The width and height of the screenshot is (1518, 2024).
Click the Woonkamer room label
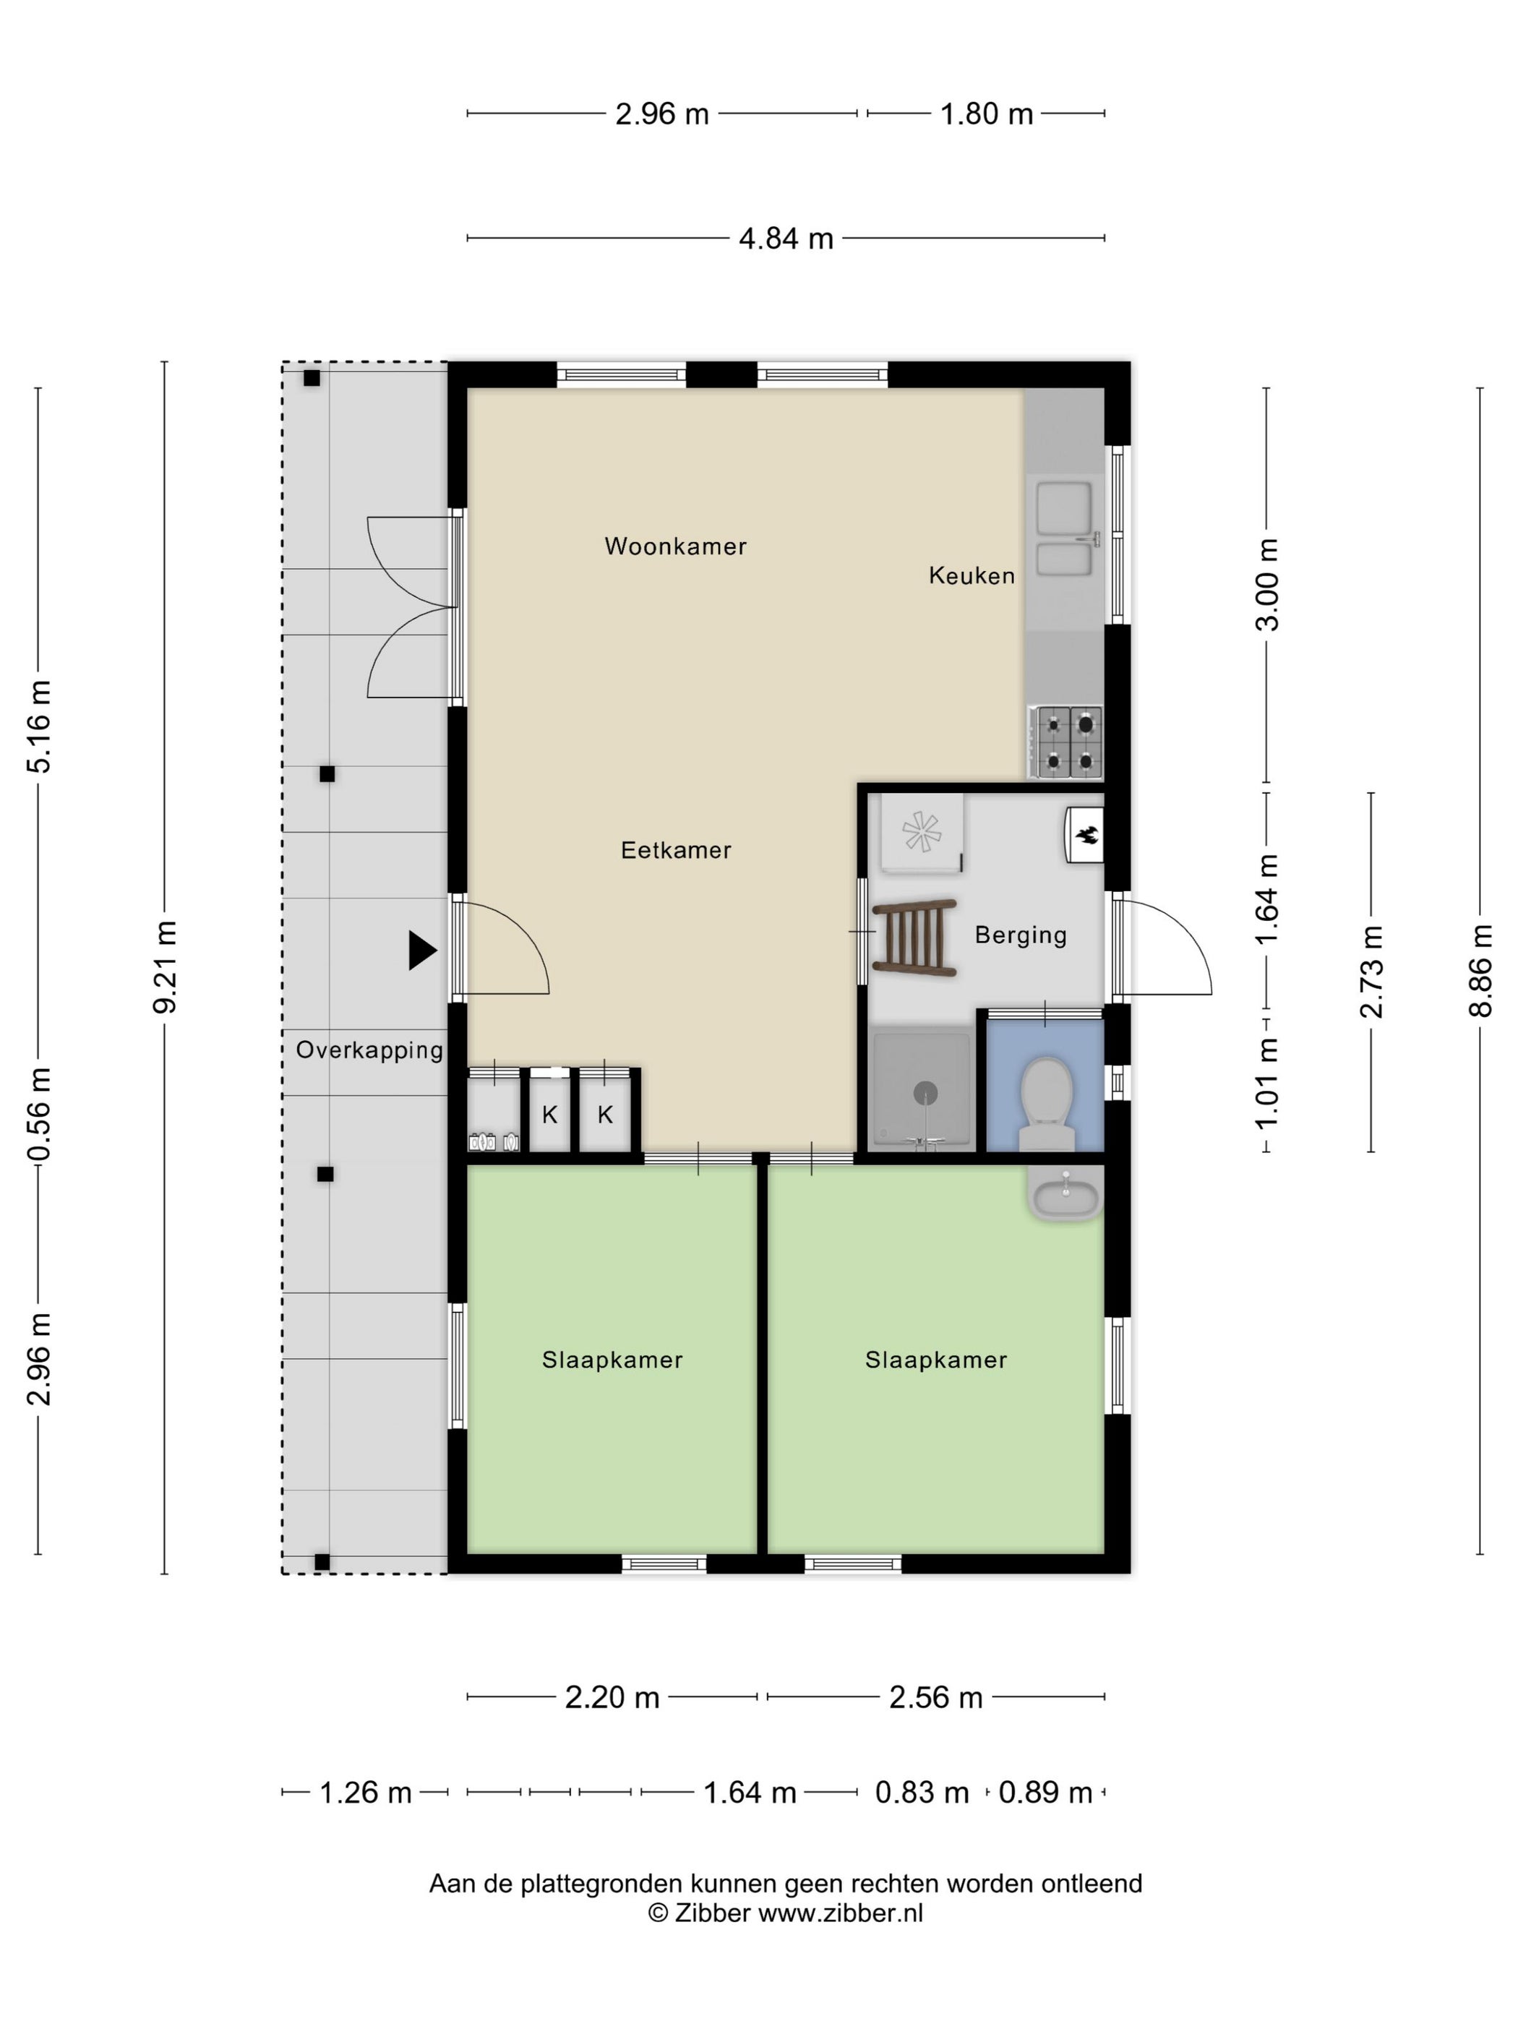click(x=675, y=546)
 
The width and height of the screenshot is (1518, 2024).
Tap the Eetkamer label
click(x=676, y=850)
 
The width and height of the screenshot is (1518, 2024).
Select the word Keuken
click(x=972, y=575)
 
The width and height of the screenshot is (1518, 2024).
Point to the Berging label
click(x=1020, y=935)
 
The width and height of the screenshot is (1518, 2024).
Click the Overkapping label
click(x=369, y=1050)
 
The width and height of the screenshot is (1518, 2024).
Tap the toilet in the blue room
click(x=1046, y=1105)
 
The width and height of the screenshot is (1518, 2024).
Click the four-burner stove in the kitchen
click(x=1067, y=742)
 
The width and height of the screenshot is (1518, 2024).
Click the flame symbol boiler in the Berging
click(x=1084, y=834)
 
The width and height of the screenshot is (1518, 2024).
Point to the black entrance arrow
click(x=422, y=951)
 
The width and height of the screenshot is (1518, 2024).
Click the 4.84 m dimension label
click(x=786, y=239)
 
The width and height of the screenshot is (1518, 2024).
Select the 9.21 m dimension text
click(x=166, y=967)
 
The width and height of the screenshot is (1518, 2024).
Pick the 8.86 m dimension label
click(x=1480, y=971)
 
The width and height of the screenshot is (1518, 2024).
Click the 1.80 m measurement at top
click(x=987, y=114)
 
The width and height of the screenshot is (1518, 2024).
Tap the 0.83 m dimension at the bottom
click(x=922, y=1793)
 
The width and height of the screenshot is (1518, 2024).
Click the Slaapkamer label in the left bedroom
click(x=612, y=1360)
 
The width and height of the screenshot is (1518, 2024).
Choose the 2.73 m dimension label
click(x=1371, y=972)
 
